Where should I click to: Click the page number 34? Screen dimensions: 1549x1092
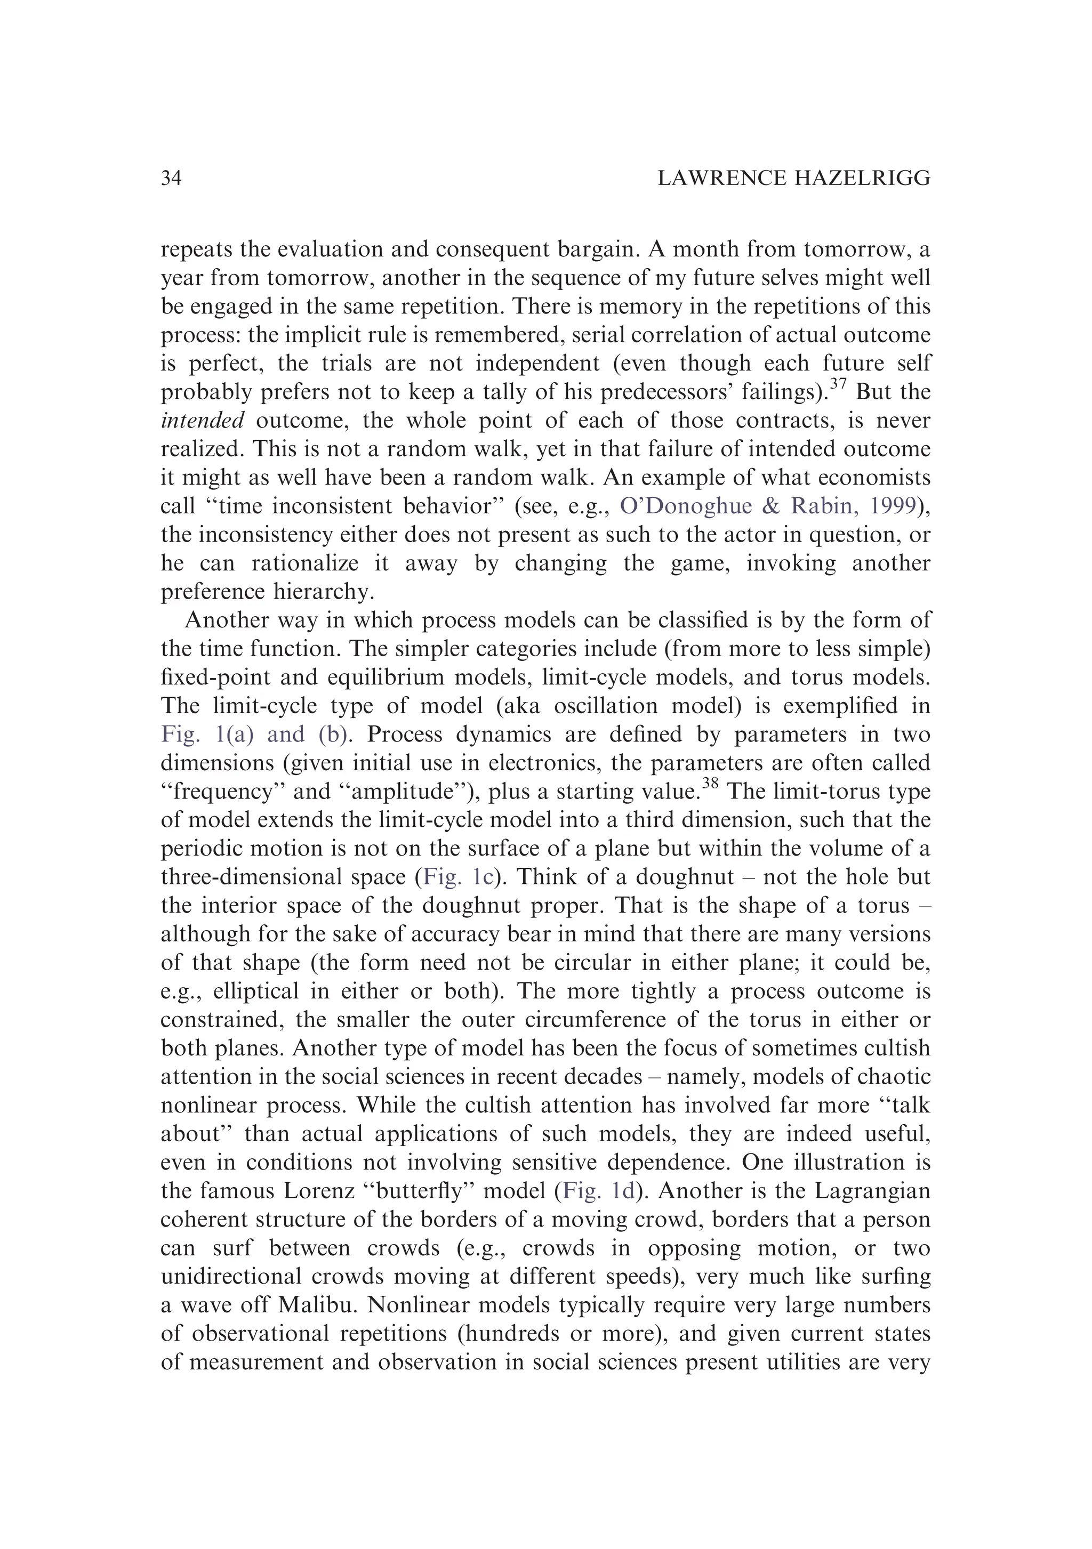(x=172, y=178)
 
